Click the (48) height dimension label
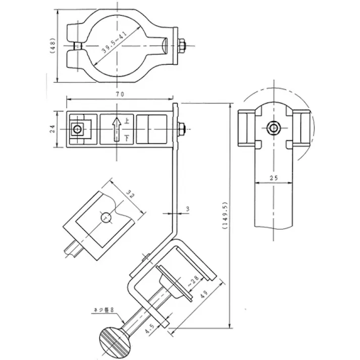coord(54,45)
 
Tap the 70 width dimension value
coord(120,94)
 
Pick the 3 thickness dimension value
coord(188,208)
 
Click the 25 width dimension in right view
coord(274,177)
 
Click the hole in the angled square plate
coord(106,217)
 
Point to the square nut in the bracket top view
coord(78,130)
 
